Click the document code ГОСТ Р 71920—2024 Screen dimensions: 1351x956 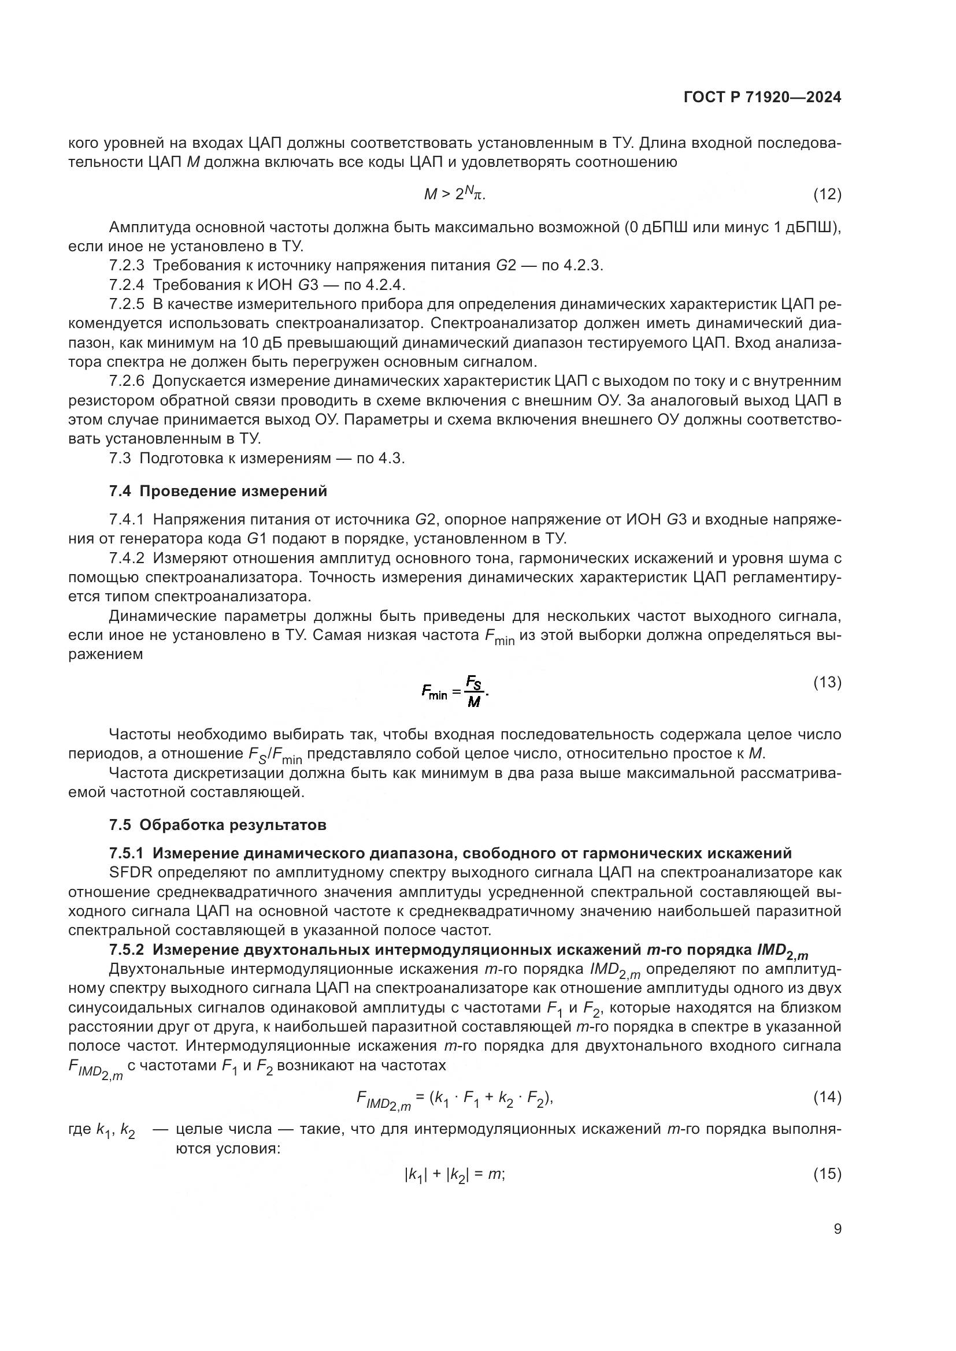click(x=762, y=98)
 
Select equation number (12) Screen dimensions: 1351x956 click(x=827, y=194)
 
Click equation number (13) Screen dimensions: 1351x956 click(x=827, y=682)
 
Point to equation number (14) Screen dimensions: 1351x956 click(x=827, y=1097)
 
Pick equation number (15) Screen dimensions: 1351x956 click(x=827, y=1174)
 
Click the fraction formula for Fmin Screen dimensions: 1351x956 click(x=455, y=692)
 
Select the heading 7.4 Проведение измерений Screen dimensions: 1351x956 click(x=218, y=491)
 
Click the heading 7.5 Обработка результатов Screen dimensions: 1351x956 click(x=217, y=825)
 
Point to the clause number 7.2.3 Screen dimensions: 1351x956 click(x=127, y=265)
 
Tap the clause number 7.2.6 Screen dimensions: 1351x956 click(x=127, y=381)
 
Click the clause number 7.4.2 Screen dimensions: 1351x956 click(x=127, y=558)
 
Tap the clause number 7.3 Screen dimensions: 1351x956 click(x=120, y=459)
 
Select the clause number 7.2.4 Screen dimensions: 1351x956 click(x=127, y=285)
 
